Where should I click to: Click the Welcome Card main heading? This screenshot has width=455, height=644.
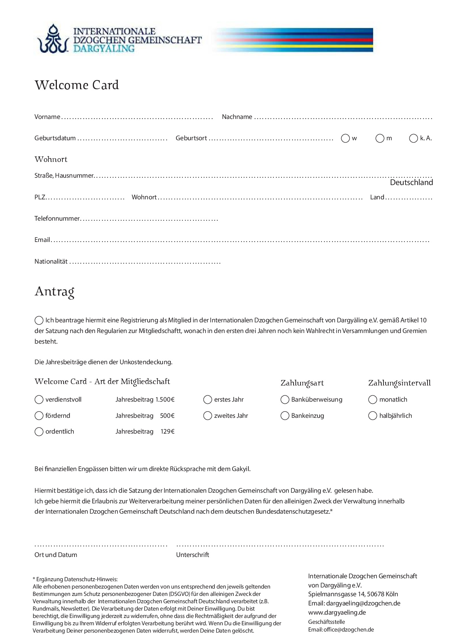pos(77,85)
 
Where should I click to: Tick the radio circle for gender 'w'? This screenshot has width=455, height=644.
pos(345,138)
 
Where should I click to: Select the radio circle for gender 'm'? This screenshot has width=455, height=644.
pos(380,138)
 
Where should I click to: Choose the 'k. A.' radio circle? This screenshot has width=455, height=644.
pos(414,138)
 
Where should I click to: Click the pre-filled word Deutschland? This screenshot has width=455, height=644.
pos(411,182)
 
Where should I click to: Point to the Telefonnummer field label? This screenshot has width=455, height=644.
pos(57,219)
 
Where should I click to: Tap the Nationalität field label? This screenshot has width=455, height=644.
pos(51,262)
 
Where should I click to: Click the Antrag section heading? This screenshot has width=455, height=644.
pos(55,292)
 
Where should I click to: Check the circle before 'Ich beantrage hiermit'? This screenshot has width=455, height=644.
pos(39,321)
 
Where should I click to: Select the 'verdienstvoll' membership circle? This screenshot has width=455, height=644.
pos(39,399)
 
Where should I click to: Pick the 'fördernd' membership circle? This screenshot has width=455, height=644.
pos(39,416)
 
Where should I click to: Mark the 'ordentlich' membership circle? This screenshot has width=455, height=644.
pos(39,432)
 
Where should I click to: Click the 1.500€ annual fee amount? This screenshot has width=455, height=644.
pos(165,399)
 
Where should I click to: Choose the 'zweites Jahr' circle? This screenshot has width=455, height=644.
pos(208,416)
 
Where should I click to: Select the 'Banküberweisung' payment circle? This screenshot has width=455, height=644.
pos(285,399)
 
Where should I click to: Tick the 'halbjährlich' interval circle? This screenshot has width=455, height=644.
pos(372,416)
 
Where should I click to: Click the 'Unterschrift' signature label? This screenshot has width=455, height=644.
pos(193,555)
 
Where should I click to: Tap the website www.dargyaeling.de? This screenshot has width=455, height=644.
pos(337,612)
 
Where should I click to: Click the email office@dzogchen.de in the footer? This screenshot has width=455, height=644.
pos(349,630)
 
